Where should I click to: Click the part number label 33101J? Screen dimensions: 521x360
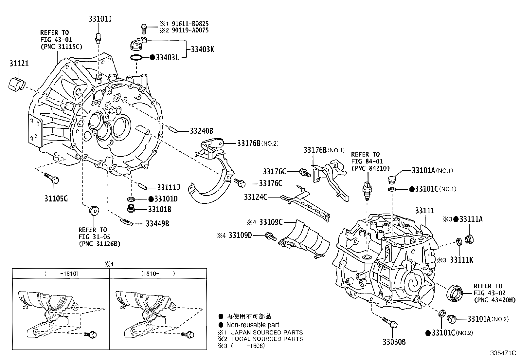click(100, 19)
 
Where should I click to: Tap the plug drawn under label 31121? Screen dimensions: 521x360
click(17, 84)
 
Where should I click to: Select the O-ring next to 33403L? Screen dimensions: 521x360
click(136, 57)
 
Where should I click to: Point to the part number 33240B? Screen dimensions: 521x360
click(201, 131)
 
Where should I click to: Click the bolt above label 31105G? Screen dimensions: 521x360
click(52, 178)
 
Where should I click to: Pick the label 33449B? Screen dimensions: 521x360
click(157, 224)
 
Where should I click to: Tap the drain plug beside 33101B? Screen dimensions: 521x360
click(132, 208)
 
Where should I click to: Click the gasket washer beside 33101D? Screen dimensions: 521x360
click(131, 199)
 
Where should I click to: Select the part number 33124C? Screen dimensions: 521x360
click(256, 197)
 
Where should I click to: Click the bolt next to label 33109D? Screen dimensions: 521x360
click(271, 237)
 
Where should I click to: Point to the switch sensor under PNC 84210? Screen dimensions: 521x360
click(367, 190)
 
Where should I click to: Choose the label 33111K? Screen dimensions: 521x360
click(461, 260)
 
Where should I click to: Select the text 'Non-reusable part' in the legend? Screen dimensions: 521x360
click(253, 325)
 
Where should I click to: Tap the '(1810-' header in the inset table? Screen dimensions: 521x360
click(150, 274)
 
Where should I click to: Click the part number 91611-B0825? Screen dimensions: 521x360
click(190, 24)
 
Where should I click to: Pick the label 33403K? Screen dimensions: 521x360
click(202, 49)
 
